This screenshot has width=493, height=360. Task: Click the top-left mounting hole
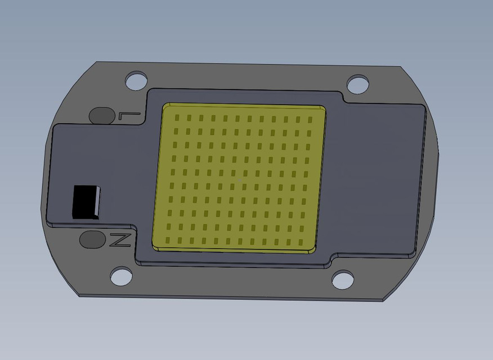click(x=136, y=80)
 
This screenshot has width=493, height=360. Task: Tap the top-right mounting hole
click(x=357, y=84)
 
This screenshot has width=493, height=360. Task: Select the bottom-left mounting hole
click(x=121, y=276)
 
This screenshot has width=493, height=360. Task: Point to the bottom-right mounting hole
click(x=342, y=280)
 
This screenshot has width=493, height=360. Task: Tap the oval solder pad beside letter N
click(x=92, y=239)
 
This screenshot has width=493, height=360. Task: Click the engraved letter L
click(x=129, y=116)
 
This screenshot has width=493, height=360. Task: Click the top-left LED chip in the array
click(x=176, y=118)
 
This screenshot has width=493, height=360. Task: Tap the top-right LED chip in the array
click(x=310, y=120)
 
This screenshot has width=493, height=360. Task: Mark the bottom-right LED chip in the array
click(x=303, y=243)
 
